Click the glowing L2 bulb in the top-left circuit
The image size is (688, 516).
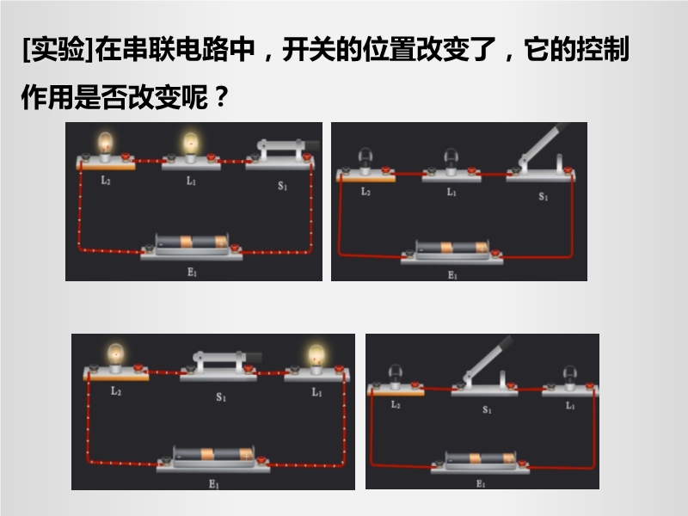105,144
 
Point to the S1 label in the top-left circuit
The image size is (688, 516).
283,186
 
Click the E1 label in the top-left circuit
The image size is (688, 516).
192,273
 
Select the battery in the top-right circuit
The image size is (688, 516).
452,249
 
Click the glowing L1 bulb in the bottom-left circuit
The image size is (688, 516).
316,357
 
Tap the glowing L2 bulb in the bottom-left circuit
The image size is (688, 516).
115,356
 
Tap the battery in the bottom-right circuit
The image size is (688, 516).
480,460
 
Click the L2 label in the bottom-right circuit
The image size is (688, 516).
396,404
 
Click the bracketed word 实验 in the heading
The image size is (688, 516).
58,49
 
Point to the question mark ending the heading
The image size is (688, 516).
222,97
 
